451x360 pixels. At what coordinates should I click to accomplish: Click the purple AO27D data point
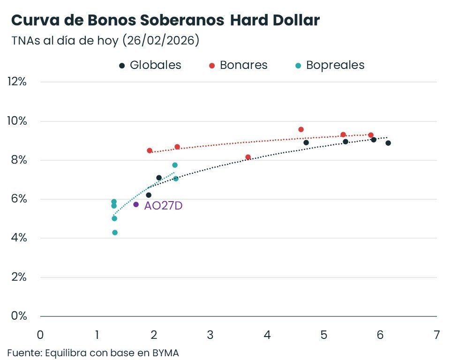pos(136,204)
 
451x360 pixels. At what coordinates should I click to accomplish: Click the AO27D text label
pos(163,205)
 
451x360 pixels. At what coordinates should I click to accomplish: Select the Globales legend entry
pos(150,65)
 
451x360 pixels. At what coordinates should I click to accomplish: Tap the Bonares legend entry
pos(238,65)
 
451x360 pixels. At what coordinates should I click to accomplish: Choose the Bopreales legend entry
pos(330,65)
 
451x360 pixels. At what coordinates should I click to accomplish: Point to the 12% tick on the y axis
pos(17,82)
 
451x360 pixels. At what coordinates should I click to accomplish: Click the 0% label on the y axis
pos(19,316)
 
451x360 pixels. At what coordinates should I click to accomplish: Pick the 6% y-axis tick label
pos(19,199)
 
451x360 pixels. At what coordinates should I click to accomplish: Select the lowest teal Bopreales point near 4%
pos(115,232)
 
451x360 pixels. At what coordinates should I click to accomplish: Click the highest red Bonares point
pos(301,129)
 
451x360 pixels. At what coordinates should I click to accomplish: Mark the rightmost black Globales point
pos(388,143)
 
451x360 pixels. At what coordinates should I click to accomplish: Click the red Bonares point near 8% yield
pos(248,157)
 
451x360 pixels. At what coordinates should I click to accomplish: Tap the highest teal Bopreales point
pos(175,165)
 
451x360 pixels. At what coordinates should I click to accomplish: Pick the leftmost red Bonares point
pos(150,150)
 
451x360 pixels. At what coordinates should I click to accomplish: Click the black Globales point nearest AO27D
pos(149,195)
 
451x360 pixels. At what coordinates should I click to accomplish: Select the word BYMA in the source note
pos(165,352)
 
